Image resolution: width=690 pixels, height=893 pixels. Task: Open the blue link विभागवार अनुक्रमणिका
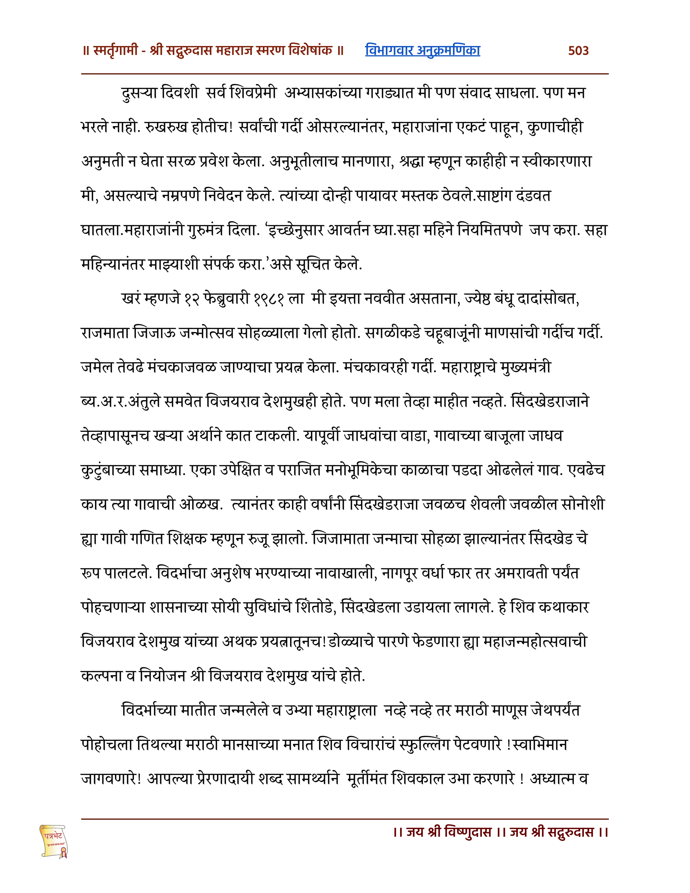(422, 50)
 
